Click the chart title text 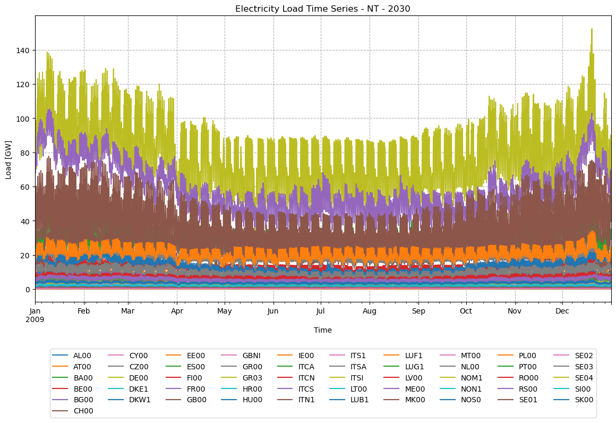tap(322, 9)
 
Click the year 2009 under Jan tap(36, 320)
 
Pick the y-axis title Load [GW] tap(8, 153)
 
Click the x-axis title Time tap(322, 330)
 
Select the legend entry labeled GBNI tap(252, 356)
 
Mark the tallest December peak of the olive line tap(592, 29)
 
